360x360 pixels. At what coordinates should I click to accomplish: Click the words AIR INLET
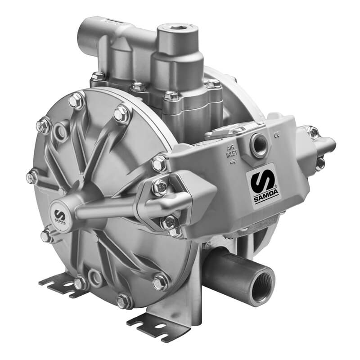232,152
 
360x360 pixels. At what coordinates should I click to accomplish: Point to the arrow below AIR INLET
233,162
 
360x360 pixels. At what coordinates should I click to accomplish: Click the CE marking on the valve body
276,135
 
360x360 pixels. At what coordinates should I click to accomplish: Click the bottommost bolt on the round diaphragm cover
123,301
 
